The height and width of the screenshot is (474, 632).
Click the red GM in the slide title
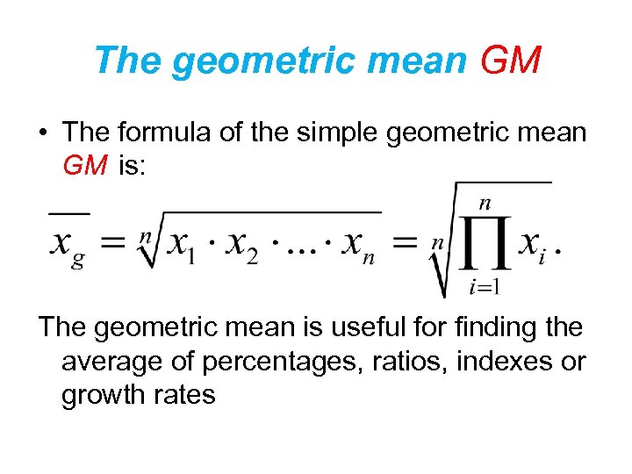(x=512, y=61)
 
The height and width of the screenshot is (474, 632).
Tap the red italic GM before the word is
(x=85, y=165)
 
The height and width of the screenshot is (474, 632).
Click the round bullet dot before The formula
(x=42, y=132)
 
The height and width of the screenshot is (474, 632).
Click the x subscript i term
(x=534, y=245)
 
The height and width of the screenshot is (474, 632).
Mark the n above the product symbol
(x=485, y=203)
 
